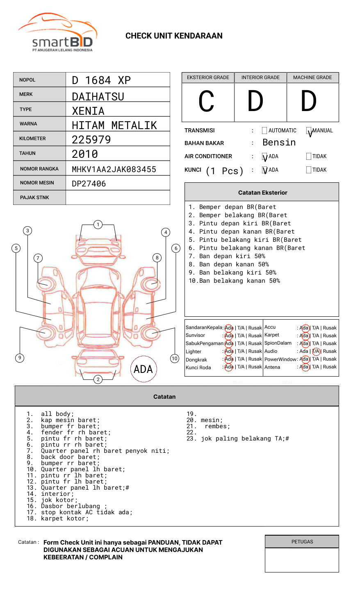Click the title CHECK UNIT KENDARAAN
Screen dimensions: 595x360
click(x=174, y=36)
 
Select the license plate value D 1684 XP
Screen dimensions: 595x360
click(x=101, y=80)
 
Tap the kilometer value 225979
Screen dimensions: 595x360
click(x=91, y=140)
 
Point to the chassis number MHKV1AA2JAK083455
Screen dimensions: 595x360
click(x=114, y=169)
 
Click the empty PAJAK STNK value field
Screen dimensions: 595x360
click(x=118, y=198)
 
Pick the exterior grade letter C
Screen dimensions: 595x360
click(x=207, y=101)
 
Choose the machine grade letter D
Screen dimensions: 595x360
click(x=309, y=101)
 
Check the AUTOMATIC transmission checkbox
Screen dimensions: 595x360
click(x=264, y=131)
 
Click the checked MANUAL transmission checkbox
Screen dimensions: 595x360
click(x=309, y=131)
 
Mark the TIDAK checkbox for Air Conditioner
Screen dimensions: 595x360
click(x=309, y=157)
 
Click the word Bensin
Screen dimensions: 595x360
click(x=279, y=143)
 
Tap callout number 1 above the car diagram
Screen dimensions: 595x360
click(x=98, y=225)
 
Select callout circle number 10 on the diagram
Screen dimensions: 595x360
click(x=175, y=359)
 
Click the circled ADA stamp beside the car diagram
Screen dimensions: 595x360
click(x=143, y=369)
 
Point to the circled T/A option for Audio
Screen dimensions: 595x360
click(x=316, y=351)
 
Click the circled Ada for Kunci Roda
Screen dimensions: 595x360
click(x=229, y=367)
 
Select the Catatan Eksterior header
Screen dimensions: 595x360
click(x=262, y=193)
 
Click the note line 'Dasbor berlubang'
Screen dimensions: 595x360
click(x=74, y=506)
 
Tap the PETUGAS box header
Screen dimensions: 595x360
click(x=302, y=542)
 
